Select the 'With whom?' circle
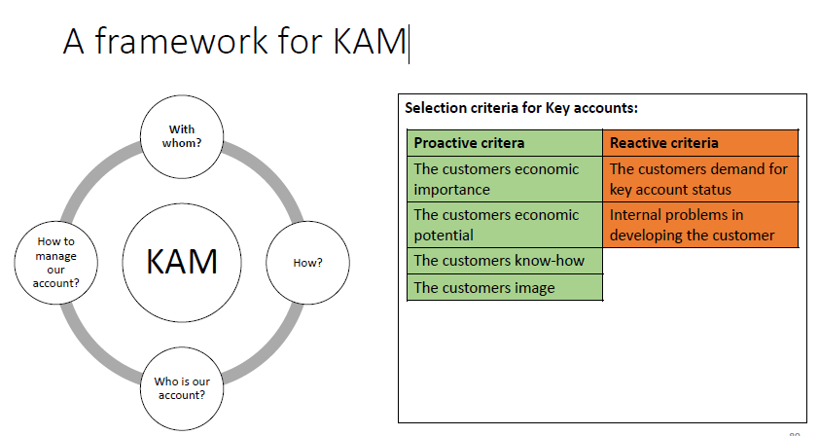[x=181, y=136]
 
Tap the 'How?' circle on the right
[x=307, y=263]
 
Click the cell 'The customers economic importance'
[x=504, y=179]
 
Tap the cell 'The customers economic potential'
[x=504, y=225]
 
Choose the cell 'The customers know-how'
[x=504, y=261]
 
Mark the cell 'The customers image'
[x=504, y=287]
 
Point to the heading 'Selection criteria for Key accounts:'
[x=520, y=108]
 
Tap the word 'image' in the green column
[x=533, y=287]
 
